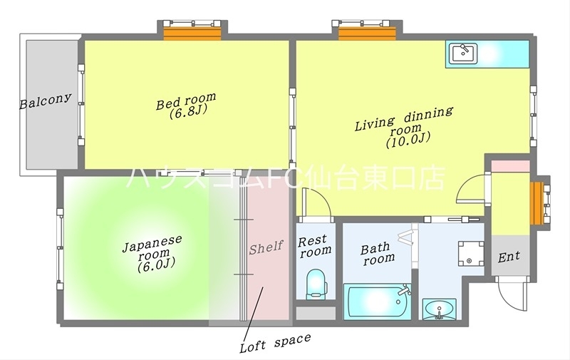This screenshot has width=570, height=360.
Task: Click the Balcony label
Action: [x=46, y=100]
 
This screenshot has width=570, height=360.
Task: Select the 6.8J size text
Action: [x=187, y=113]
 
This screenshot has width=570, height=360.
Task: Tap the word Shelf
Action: [x=266, y=247]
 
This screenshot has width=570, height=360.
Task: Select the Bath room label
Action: [x=377, y=253]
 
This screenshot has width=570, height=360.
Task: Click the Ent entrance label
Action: [x=509, y=257]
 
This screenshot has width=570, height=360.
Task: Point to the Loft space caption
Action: [x=274, y=343]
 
